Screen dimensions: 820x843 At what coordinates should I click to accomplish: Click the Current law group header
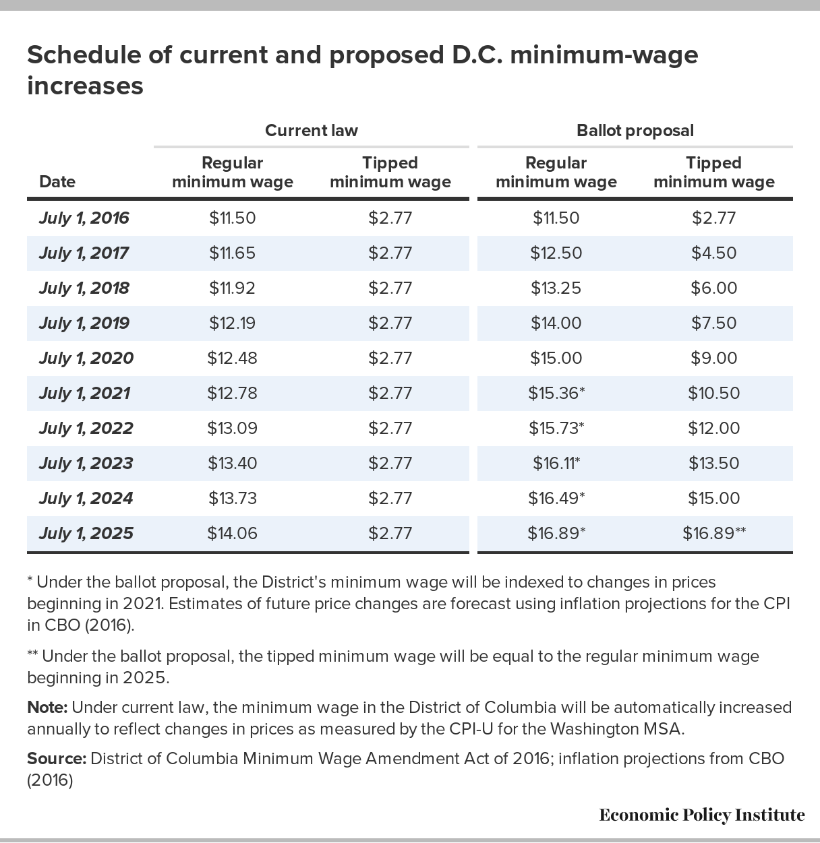click(x=311, y=131)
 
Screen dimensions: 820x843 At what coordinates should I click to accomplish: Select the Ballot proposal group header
click(x=635, y=131)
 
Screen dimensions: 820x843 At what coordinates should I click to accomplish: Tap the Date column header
click(x=57, y=181)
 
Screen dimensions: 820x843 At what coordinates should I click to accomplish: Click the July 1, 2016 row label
click(x=84, y=218)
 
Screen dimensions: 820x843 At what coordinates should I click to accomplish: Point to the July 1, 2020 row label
click(x=86, y=358)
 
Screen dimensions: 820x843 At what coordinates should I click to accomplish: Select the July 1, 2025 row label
click(x=86, y=533)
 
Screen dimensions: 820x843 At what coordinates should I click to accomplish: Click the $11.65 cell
click(x=232, y=253)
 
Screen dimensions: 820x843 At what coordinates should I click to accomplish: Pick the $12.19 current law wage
click(x=232, y=323)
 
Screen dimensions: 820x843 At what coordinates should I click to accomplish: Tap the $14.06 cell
click(x=232, y=533)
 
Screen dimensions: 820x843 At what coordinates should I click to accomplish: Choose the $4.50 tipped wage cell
click(x=714, y=253)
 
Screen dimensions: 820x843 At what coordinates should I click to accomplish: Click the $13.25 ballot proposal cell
click(x=556, y=288)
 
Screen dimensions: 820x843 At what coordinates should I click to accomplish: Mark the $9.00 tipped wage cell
click(x=714, y=358)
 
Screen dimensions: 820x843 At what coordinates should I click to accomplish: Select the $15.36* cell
click(x=556, y=394)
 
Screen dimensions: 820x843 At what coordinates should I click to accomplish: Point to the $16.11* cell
click(x=556, y=464)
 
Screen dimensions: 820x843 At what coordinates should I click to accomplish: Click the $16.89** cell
click(x=714, y=533)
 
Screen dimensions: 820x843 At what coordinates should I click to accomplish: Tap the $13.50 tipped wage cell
click(x=714, y=464)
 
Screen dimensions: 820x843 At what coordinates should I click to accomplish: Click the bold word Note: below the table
click(x=47, y=708)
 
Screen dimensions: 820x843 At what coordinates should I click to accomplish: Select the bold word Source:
click(x=57, y=759)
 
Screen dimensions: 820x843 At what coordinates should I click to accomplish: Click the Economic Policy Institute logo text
click(x=702, y=815)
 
